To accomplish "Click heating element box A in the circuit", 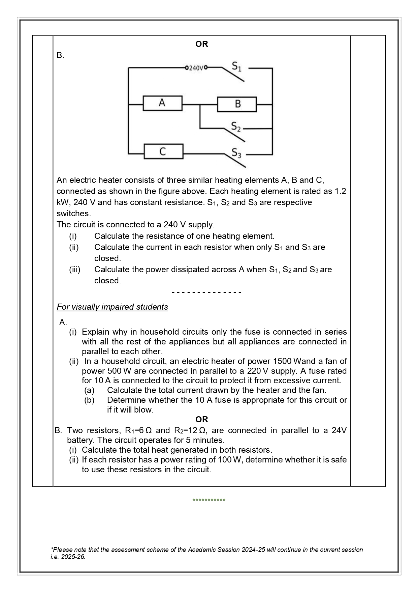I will coord(162,103).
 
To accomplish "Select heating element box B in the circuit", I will coord(237,104).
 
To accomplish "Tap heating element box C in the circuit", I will coord(163,151).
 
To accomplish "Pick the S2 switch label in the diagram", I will coord(236,127).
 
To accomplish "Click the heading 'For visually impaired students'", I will coord(112,307).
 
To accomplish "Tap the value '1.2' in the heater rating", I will coord(340,191).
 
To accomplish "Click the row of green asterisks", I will coord(209,500).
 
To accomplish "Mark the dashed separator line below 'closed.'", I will coord(206,292).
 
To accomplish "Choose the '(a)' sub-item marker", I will coord(89,390).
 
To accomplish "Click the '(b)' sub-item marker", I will coord(89,400).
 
